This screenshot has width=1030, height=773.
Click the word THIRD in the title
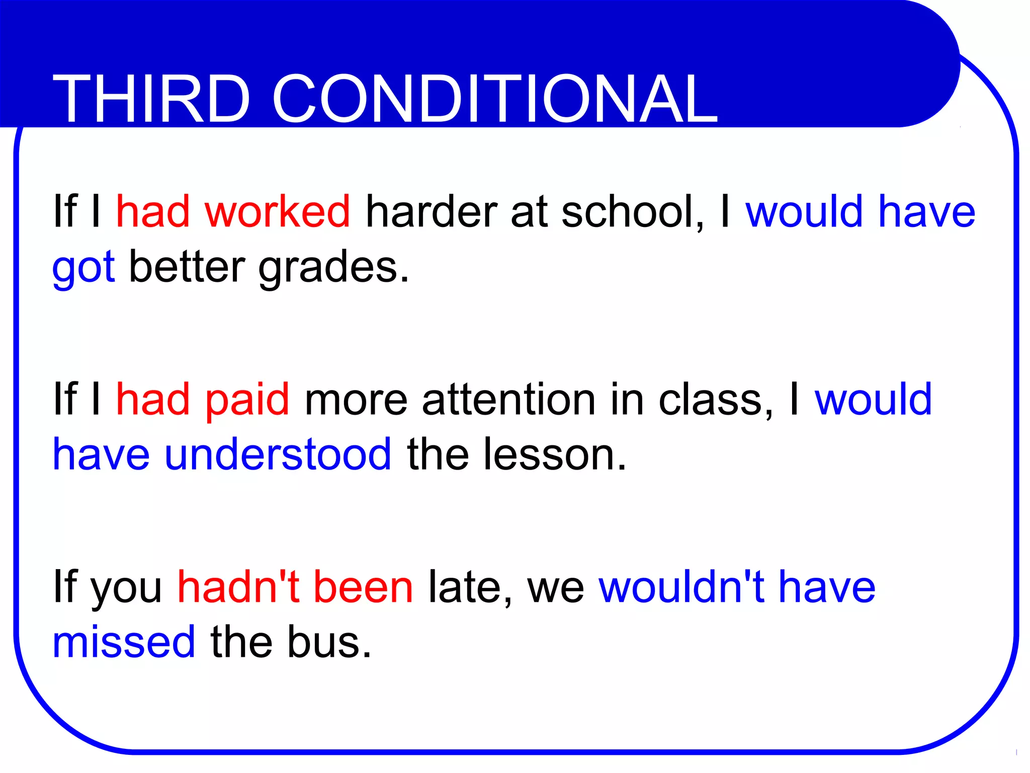click(151, 99)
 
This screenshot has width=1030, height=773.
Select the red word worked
click(277, 211)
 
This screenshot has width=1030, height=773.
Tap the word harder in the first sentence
click(431, 211)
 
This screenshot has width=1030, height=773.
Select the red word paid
click(247, 400)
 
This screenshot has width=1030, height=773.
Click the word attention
click(508, 400)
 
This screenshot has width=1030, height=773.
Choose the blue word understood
click(278, 454)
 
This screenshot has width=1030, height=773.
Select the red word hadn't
click(238, 587)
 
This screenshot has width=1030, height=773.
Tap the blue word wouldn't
click(681, 587)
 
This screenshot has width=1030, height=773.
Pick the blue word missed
click(124, 642)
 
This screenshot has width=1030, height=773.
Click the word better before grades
click(187, 267)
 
